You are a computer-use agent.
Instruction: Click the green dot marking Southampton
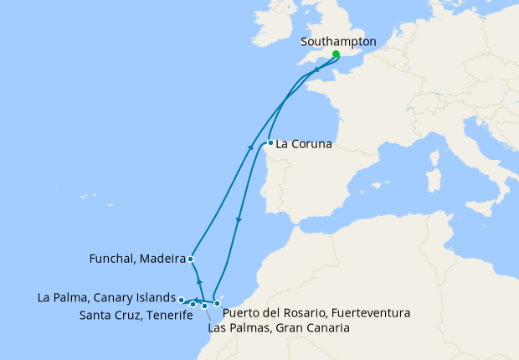[335, 54]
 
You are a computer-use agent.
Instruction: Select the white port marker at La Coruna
[270, 142]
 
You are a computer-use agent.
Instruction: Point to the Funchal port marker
[191, 259]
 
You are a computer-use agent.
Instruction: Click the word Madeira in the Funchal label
[162, 260]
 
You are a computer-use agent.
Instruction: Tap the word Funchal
[112, 260]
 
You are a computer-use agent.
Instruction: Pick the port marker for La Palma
[181, 299]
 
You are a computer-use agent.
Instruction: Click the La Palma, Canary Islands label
[106, 297]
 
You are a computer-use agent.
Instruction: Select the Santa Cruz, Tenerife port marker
[193, 304]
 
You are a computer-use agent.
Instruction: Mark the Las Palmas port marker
[204, 306]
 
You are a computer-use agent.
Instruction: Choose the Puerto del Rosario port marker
[217, 303]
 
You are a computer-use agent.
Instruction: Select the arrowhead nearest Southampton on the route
[316, 70]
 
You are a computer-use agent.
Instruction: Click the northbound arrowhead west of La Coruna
[251, 147]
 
